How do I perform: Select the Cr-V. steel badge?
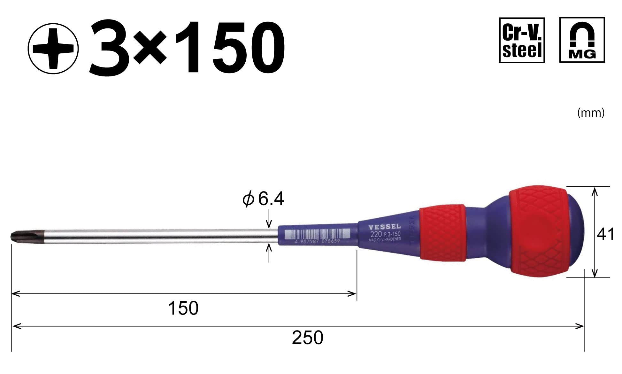pos(522,40)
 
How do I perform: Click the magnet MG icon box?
pos(582,40)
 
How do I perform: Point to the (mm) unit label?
pos(591,113)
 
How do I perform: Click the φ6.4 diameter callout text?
pos(263,199)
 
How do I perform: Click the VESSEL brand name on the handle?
pos(385,227)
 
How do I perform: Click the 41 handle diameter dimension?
pos(605,234)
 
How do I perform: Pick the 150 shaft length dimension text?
pos(183,308)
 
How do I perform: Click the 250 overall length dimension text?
pos(307,338)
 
